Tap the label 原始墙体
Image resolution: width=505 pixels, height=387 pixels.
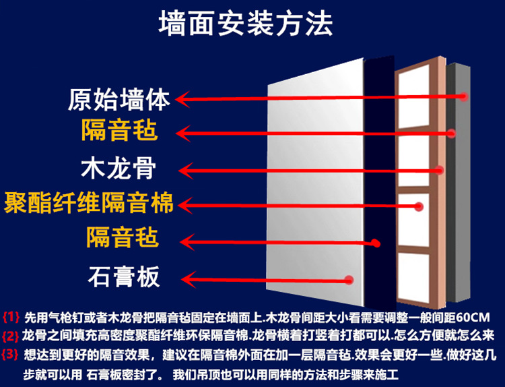click(120, 99)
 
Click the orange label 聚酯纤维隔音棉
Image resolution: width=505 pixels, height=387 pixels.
click(89, 202)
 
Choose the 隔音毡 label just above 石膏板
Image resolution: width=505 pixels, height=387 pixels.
click(122, 237)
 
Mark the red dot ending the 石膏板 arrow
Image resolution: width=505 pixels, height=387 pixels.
click(349, 278)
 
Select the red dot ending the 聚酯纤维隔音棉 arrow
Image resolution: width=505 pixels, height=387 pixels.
click(418, 208)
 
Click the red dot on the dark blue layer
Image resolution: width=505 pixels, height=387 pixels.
click(376, 243)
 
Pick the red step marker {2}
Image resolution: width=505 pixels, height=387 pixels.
click(12, 334)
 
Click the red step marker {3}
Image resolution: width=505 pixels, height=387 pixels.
click(12, 353)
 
